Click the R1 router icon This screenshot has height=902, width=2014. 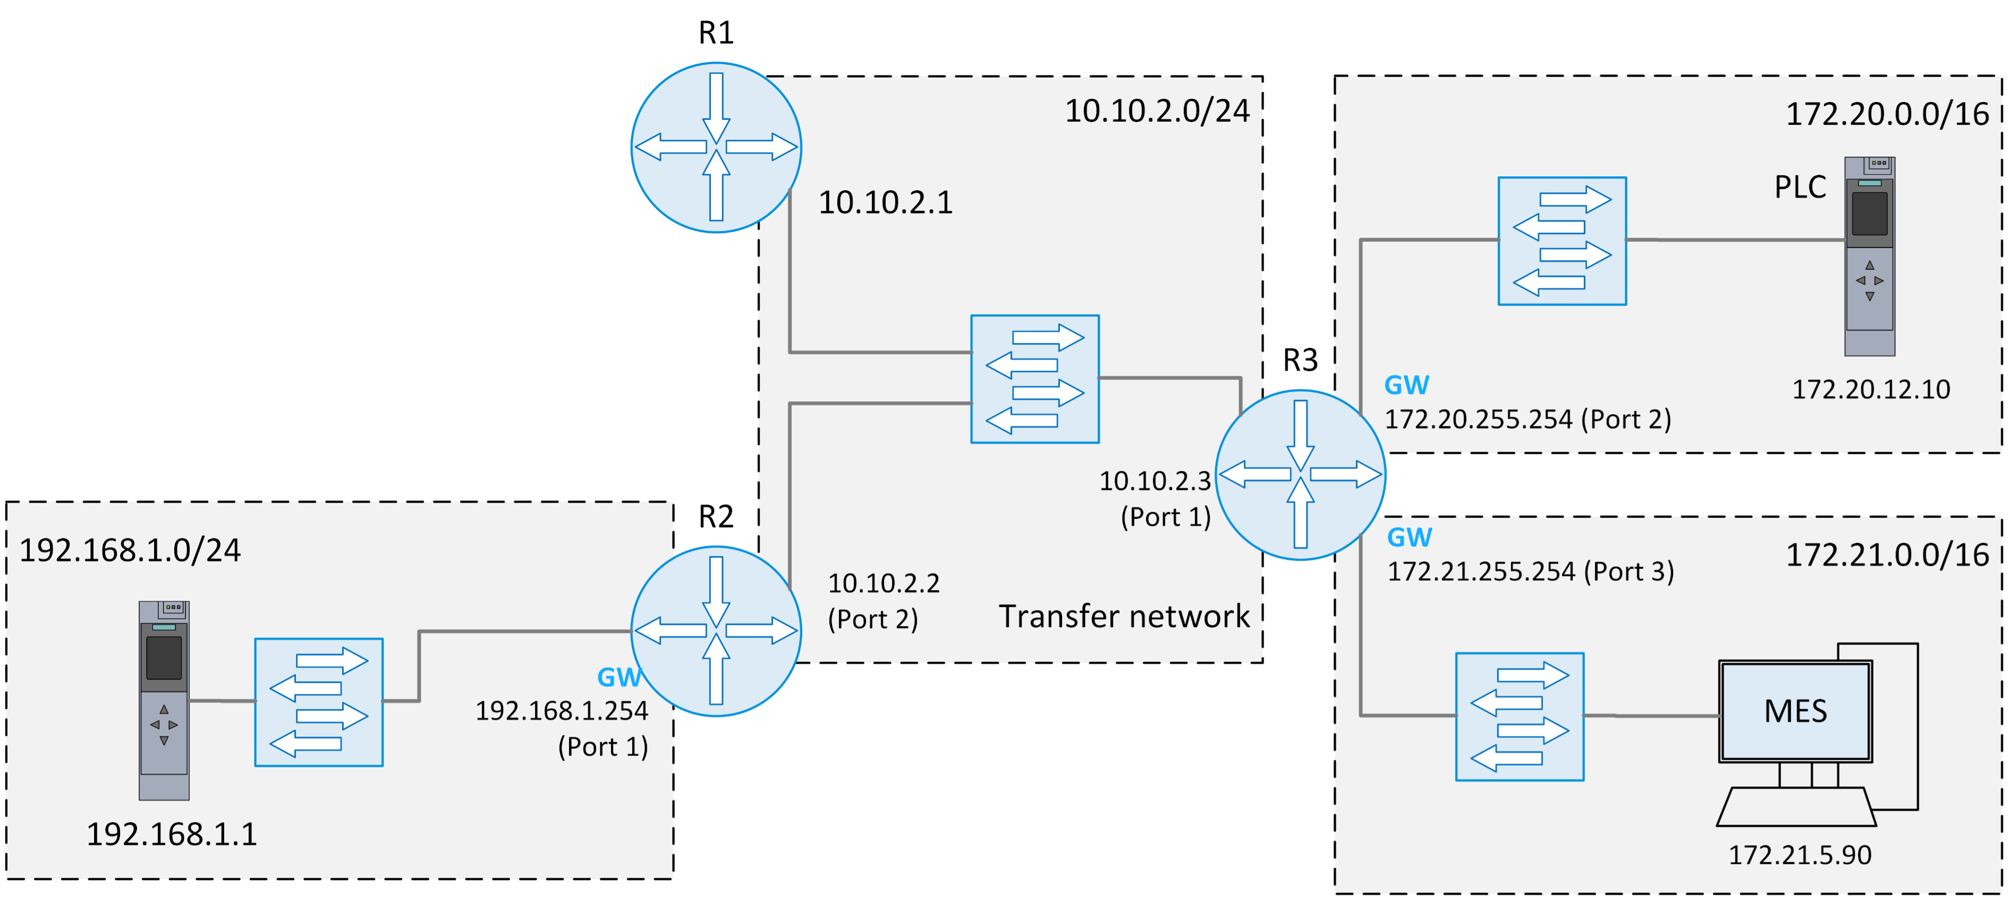tap(716, 147)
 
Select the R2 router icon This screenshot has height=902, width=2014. tap(716, 630)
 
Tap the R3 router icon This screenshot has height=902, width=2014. tap(1300, 475)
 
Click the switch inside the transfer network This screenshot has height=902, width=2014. tap(1034, 379)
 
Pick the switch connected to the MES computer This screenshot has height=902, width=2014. tap(1519, 716)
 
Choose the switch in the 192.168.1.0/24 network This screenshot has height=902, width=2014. tap(318, 702)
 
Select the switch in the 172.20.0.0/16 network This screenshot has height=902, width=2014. tap(1561, 240)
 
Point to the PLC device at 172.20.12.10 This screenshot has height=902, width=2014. tap(1869, 256)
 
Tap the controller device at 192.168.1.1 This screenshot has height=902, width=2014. tap(164, 700)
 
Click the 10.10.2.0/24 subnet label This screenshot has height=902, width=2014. tap(1157, 111)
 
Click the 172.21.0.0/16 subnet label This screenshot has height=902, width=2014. tap(1886, 555)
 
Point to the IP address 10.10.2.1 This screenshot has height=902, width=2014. tap(885, 202)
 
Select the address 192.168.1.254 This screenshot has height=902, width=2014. tap(562, 710)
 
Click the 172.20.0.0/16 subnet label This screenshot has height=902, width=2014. tap(1886, 114)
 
